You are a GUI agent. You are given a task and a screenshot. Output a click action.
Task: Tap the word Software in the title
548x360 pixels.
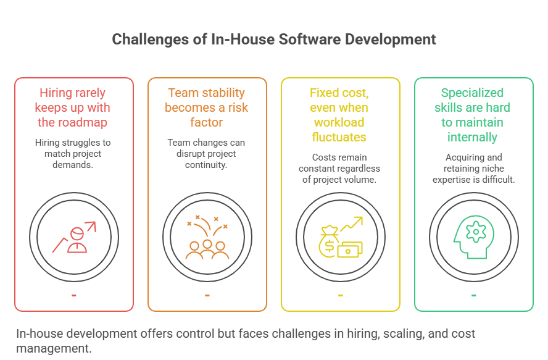[308, 40]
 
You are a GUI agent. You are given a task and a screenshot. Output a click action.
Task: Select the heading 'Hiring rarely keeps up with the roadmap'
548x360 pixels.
[73, 107]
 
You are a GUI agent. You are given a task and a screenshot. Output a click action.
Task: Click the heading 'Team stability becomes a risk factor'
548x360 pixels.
[207, 107]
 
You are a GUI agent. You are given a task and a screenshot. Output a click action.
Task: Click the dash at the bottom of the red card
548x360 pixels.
[74, 295]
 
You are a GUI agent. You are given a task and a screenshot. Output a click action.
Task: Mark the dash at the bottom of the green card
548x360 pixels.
[473, 295]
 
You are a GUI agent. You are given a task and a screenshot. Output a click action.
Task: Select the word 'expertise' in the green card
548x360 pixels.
[453, 179]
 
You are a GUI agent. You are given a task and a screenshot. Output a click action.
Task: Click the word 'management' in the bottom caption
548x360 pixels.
[54, 348]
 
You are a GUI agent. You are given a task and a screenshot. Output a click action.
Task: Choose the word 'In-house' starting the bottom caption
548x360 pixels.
[39, 334]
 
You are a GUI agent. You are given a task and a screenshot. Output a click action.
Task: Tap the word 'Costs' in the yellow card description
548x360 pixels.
[324, 157]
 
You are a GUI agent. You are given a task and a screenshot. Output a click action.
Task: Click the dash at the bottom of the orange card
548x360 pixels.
[207, 295]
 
